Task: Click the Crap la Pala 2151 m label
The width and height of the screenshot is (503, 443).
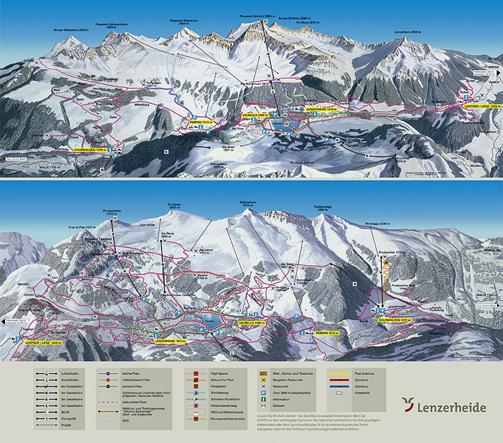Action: (82, 226)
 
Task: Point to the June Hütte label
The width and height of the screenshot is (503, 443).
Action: (146, 225)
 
